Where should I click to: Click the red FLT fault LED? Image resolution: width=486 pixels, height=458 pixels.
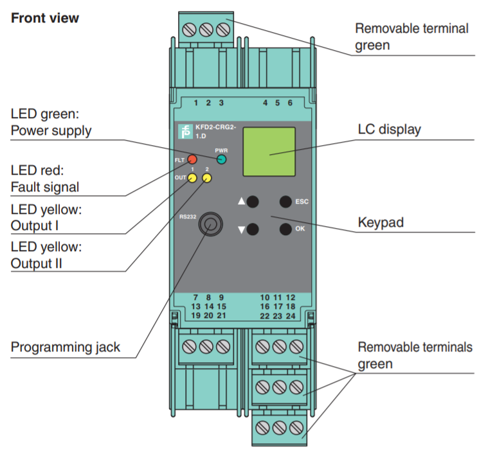click(192, 158)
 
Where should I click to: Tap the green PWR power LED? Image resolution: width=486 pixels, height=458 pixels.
click(221, 159)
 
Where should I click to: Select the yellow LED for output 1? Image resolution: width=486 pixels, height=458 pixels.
click(192, 178)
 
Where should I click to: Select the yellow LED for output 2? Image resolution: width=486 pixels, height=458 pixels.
click(206, 178)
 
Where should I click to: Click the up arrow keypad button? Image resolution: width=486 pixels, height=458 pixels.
click(253, 202)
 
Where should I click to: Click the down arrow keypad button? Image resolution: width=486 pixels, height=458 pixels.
click(253, 228)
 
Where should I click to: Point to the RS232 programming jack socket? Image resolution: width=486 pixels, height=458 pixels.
click(208, 224)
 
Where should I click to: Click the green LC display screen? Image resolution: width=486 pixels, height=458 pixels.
click(269, 152)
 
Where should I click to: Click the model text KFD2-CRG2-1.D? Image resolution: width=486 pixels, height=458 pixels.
click(215, 132)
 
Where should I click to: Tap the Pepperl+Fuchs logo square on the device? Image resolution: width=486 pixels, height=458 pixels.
click(185, 132)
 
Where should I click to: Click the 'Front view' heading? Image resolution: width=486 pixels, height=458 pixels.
click(45, 18)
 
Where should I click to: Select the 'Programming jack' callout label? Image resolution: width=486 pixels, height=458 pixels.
click(66, 348)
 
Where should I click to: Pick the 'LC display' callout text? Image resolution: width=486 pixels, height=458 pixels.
click(389, 129)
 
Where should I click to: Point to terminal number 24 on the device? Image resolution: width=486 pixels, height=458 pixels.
click(291, 316)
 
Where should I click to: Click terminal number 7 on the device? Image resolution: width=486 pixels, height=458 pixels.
click(195, 297)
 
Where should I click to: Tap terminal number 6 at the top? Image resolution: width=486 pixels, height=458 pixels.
click(290, 103)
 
